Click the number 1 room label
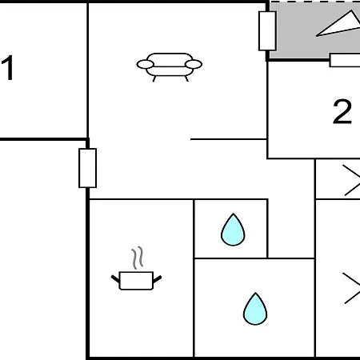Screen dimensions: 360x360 [x=7, y=67]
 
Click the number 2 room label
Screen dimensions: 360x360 [x=342, y=111]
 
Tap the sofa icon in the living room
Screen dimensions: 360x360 [x=170, y=67]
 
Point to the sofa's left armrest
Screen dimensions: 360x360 [x=146, y=64]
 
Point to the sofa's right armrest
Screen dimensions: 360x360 [x=194, y=64]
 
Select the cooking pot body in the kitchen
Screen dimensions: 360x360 [x=136, y=281]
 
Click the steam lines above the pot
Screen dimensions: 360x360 [x=138, y=258]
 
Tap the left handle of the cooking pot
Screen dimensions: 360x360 [x=115, y=279]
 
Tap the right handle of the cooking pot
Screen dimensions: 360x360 [x=158, y=279]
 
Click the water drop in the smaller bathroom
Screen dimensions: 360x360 [x=233, y=230]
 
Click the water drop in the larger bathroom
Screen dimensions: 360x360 [x=255, y=309]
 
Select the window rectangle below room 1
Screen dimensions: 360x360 [x=87, y=168]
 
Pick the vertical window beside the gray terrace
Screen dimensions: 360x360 [x=267, y=30]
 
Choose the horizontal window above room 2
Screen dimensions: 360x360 [x=345, y=60]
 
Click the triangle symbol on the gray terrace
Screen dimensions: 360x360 [x=339, y=24]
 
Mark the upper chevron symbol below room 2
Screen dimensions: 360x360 [x=351, y=180]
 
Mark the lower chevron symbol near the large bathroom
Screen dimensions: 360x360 [x=351, y=288]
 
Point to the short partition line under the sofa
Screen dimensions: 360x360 [x=229, y=139]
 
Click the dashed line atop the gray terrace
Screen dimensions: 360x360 [x=314, y=2]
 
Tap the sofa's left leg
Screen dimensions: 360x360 [x=154, y=78]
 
